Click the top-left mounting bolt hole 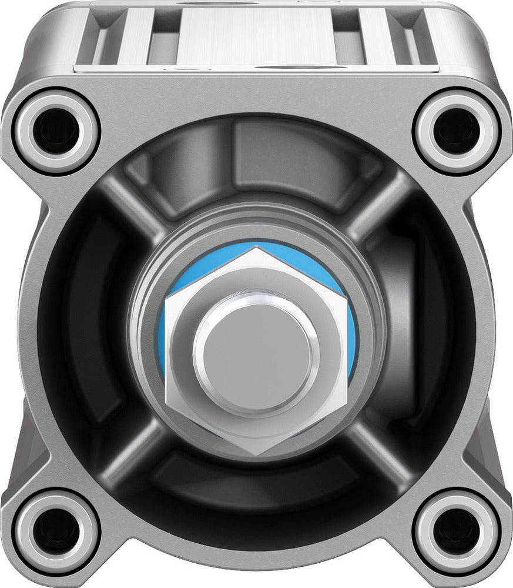pos(56,131)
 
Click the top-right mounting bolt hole pos(457,131)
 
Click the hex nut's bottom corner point pos(257,455)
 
